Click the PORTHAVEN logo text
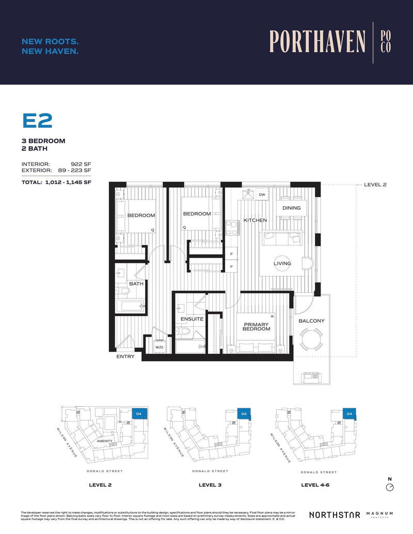[317, 42]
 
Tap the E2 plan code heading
[37, 121]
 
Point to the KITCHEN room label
[255, 220]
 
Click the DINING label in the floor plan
[292, 208]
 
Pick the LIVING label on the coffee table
[282, 263]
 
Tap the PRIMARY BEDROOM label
[257, 327]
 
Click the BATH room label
[136, 283]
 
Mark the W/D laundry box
[160, 347]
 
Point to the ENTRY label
[125, 357]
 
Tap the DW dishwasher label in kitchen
[262, 195]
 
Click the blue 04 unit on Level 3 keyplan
[243, 414]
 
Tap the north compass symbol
[390, 487]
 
